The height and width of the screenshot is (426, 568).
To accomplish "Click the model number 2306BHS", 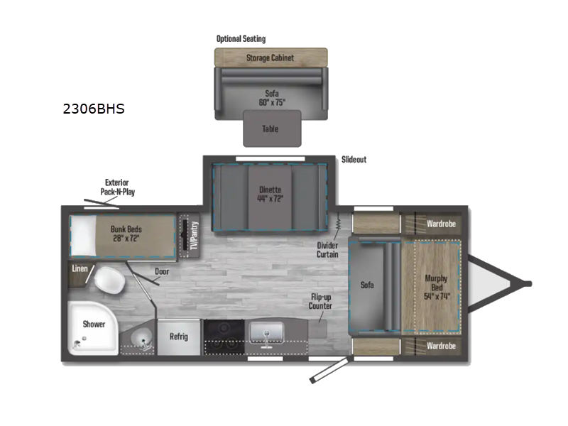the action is click(x=94, y=109).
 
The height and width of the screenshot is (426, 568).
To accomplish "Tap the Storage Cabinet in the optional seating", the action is click(x=271, y=58).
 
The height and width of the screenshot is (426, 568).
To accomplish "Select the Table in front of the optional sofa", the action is click(x=272, y=129).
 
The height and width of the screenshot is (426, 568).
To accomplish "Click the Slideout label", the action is click(x=354, y=159).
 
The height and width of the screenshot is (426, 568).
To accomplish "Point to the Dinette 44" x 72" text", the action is click(x=271, y=194).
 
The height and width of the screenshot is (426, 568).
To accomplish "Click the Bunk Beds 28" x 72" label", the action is click(x=126, y=234).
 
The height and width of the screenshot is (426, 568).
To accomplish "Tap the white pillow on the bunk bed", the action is click(x=83, y=236).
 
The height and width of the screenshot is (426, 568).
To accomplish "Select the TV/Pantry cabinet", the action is click(x=189, y=236).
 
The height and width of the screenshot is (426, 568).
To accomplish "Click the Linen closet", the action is click(x=79, y=274).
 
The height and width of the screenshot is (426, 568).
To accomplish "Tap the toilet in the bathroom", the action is click(x=110, y=280).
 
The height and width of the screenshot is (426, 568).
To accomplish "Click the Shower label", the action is click(x=94, y=324).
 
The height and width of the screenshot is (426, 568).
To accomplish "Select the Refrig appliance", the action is click(x=179, y=337).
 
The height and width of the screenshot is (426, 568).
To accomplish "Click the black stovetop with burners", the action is click(x=224, y=337).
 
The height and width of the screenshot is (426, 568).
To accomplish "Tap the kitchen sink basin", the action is click(x=266, y=332).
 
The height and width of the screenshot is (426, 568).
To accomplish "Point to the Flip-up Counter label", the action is click(x=320, y=301).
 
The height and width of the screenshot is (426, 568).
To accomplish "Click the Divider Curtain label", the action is click(x=327, y=250).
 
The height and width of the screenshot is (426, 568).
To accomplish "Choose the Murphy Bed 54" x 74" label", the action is click(x=437, y=288).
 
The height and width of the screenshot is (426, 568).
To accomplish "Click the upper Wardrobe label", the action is click(x=441, y=224).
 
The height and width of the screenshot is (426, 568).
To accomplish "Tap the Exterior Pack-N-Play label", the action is click(x=117, y=187).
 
